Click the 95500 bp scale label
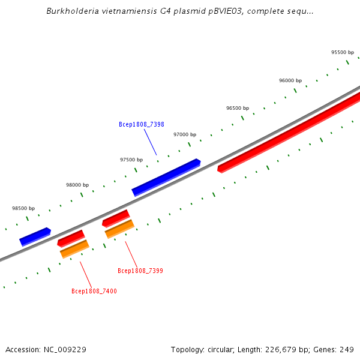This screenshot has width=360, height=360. point(343,53)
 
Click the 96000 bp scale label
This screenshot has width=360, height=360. point(290,80)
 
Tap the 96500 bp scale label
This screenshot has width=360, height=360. point(238,108)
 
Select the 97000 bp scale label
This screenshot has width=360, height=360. point(185,134)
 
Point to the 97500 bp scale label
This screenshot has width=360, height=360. point(131,160)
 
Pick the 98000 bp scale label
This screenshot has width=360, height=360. point(77,185)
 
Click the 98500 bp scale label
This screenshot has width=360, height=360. point(23,208)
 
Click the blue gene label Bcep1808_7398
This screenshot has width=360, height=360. point(142,124)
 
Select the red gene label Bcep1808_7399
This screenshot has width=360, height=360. point(140,271)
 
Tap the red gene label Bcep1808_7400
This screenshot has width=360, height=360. point(94,291)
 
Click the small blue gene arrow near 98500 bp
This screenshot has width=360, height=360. point(35,236)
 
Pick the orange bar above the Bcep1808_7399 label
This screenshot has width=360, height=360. point(119,229)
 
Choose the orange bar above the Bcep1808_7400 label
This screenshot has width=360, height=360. point(74,249)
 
